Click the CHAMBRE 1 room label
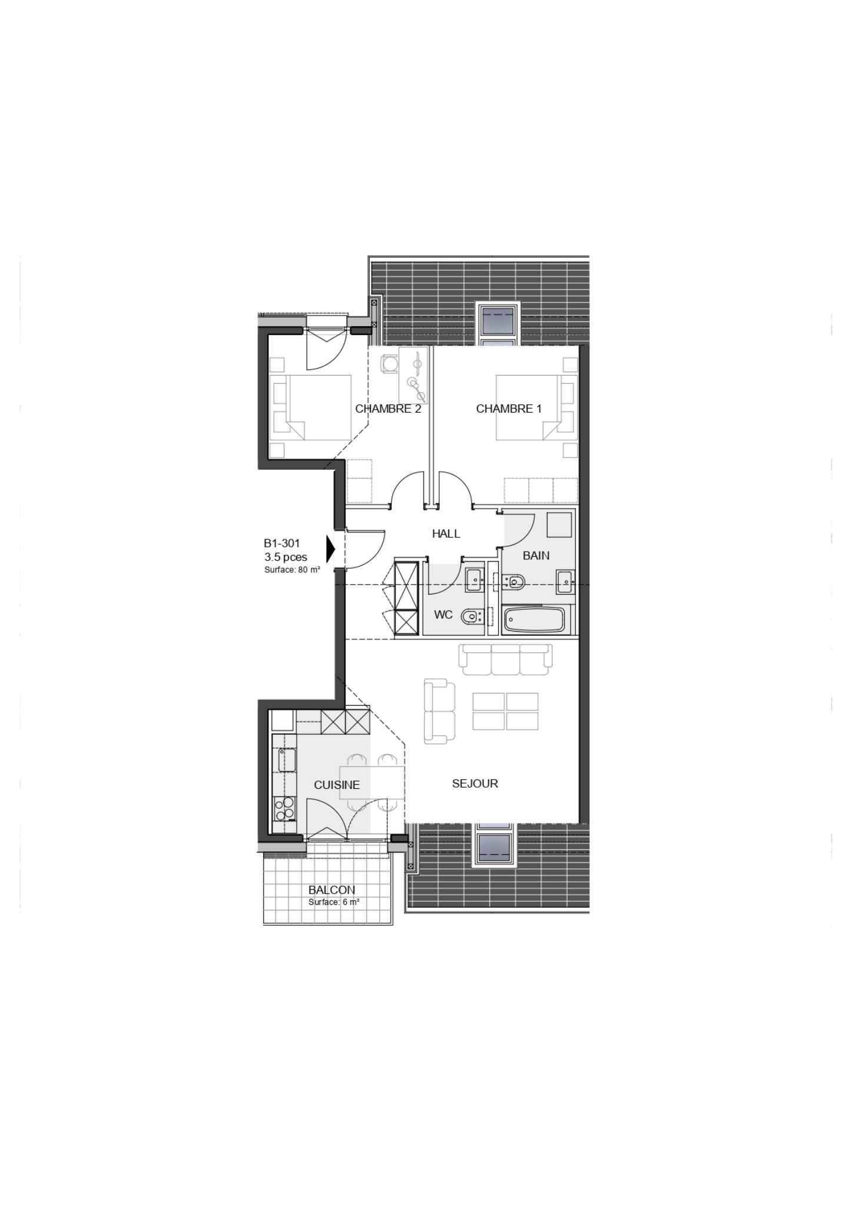(509, 409)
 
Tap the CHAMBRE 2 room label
(388, 409)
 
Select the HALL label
(446, 534)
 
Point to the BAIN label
(536, 555)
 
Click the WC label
(443, 615)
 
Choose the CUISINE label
(337, 785)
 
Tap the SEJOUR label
(475, 784)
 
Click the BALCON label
(331, 890)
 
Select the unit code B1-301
(281, 544)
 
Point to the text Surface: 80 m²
(292, 570)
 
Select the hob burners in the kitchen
(284, 808)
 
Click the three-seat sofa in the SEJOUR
(506, 659)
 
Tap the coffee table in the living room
(505, 711)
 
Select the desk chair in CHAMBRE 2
(389, 363)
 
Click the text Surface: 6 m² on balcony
(334, 902)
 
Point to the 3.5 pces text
(286, 557)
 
